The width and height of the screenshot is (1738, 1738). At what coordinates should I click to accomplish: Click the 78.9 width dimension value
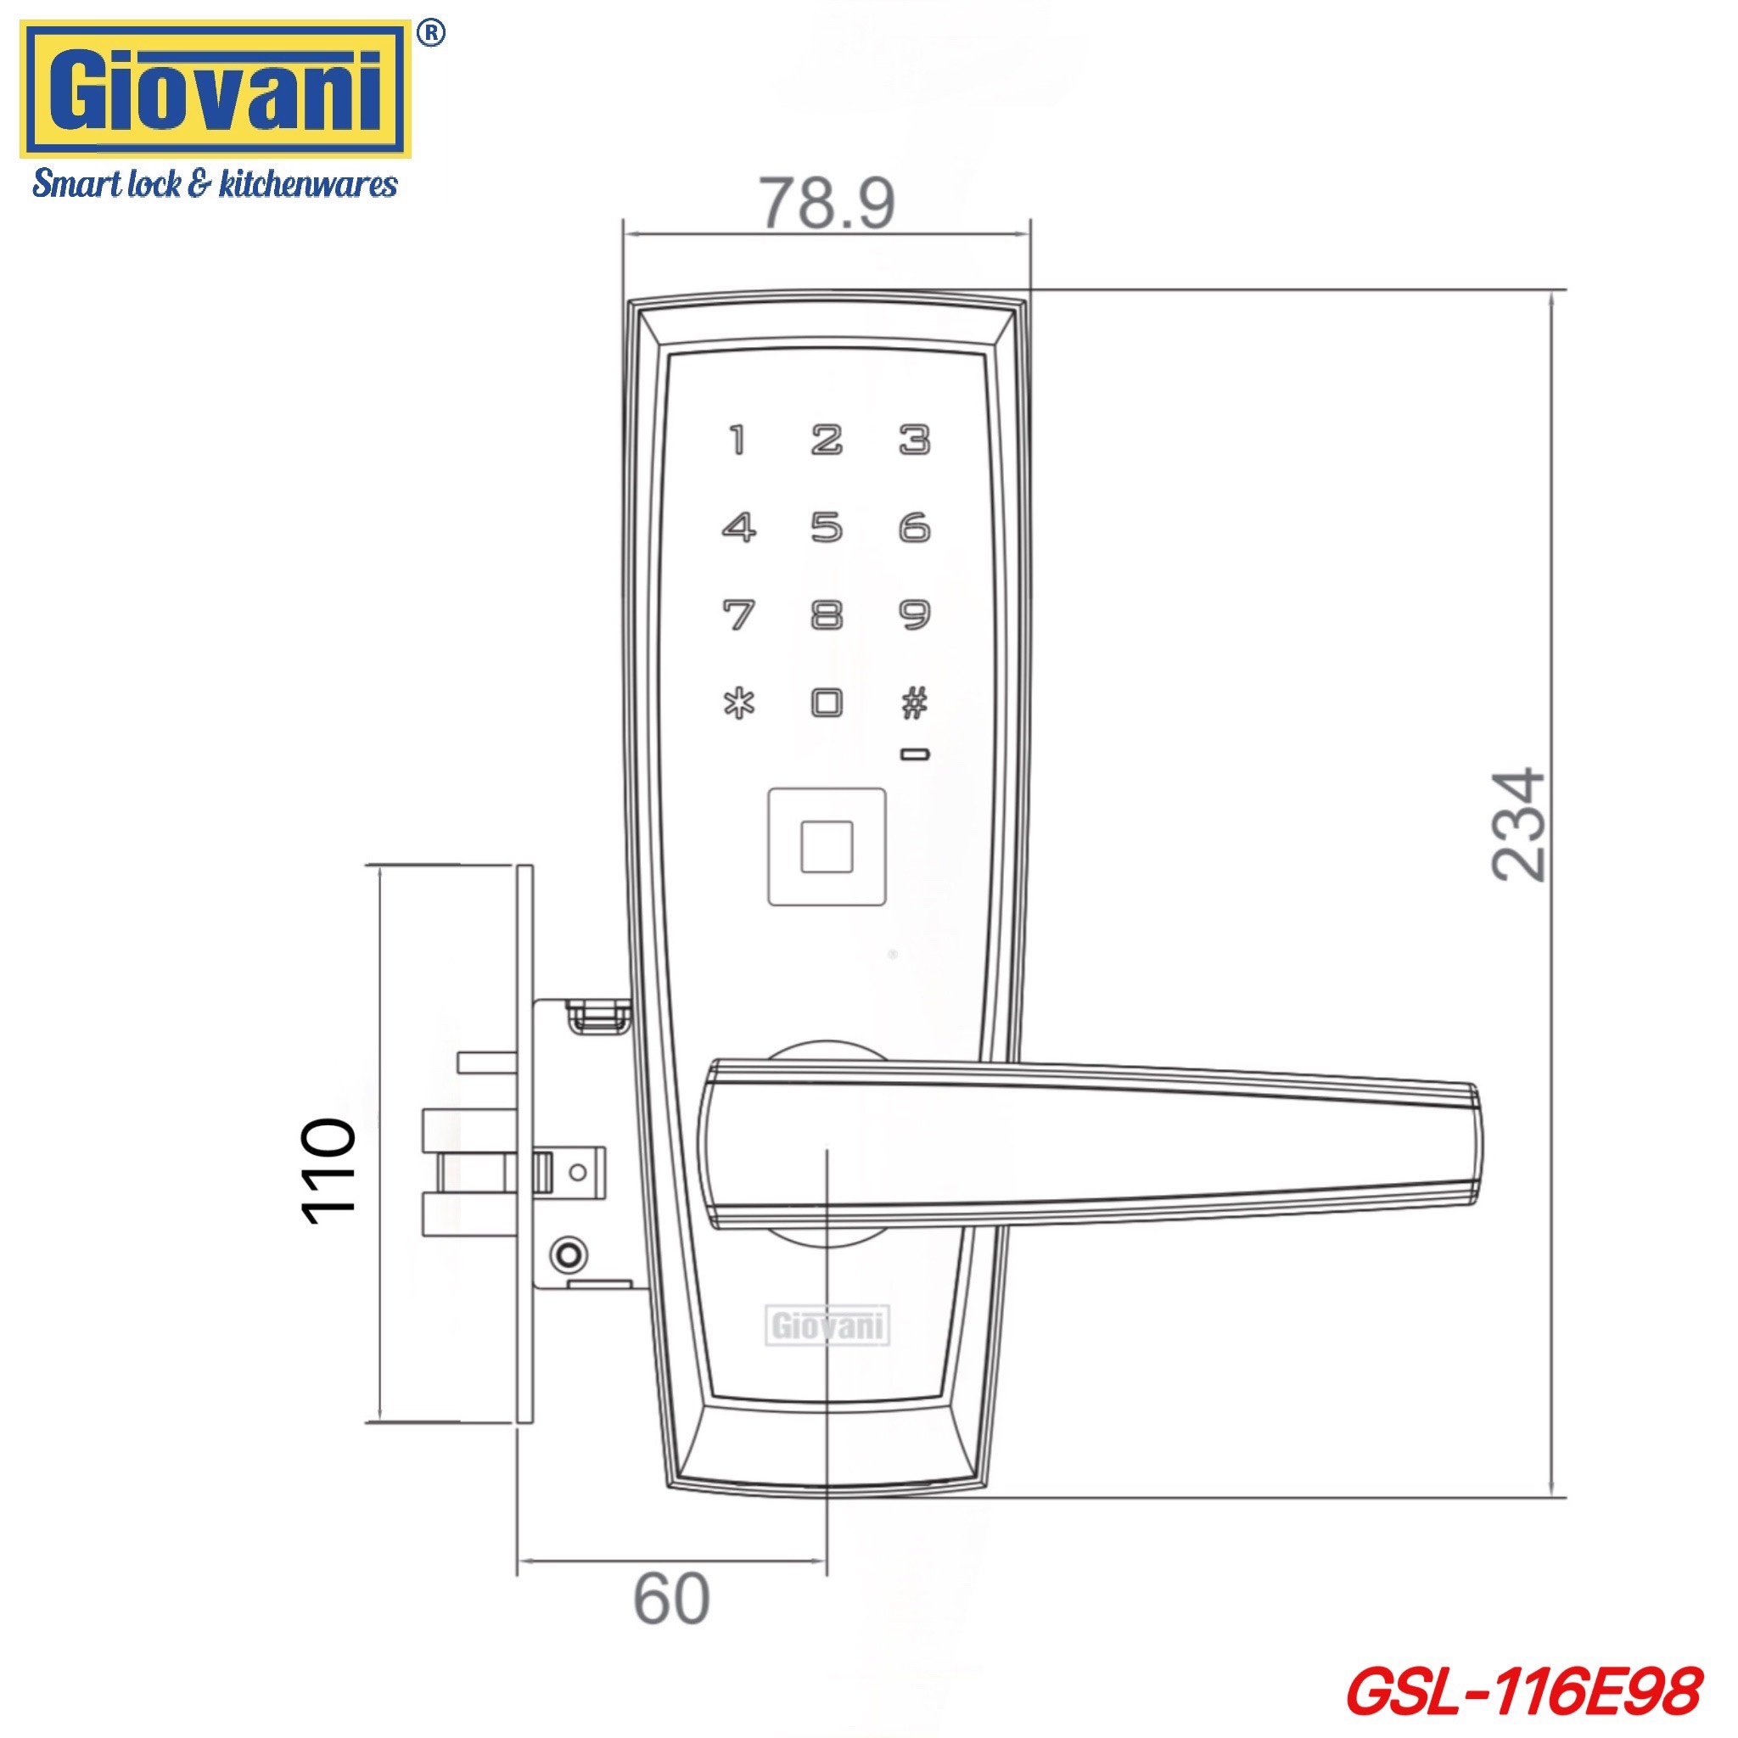(827, 204)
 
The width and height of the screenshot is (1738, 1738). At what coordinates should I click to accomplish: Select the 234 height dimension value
(1518, 824)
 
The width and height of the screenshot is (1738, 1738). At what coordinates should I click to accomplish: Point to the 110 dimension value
(328, 1172)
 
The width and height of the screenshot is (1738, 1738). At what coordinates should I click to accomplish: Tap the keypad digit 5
(827, 527)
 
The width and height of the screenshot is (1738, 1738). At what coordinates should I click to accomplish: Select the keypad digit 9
(915, 615)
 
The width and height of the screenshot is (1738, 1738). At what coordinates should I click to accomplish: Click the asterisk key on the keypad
(739, 703)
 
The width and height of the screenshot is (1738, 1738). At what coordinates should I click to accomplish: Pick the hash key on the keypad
(915, 703)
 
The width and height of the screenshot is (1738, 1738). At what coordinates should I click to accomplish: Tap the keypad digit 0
(827, 703)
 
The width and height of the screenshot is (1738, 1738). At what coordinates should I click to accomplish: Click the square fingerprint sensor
(827, 846)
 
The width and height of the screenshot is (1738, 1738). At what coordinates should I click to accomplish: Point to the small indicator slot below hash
(915, 754)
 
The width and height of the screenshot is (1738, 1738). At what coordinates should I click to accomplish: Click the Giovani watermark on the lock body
(827, 1326)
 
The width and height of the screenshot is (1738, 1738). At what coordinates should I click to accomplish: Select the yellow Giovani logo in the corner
(216, 90)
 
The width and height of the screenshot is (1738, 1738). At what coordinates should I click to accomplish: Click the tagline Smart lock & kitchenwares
(215, 184)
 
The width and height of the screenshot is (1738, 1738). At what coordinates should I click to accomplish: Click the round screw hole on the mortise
(569, 1253)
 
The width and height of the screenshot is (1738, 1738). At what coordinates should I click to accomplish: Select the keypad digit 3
(915, 440)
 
